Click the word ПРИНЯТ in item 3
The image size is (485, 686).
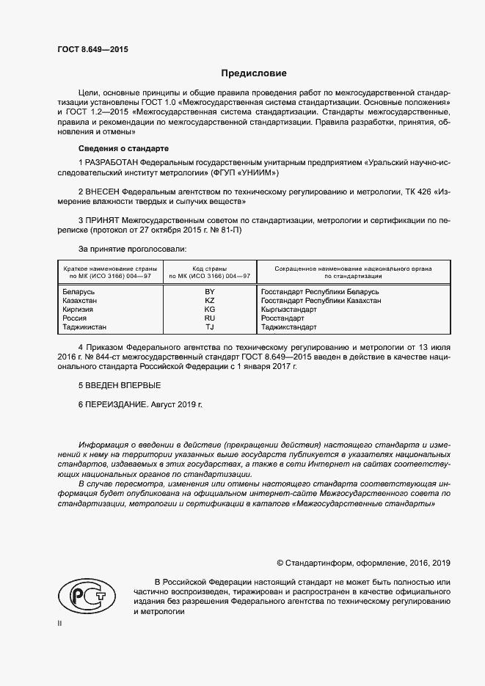pyautogui.click(x=106, y=219)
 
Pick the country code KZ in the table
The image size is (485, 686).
pyautogui.click(x=209, y=301)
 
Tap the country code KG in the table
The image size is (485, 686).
pyautogui.click(x=209, y=310)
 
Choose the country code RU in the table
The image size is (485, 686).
pyautogui.click(x=209, y=318)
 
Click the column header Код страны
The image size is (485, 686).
pyautogui.click(x=209, y=269)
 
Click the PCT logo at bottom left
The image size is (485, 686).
pyautogui.click(x=87, y=596)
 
